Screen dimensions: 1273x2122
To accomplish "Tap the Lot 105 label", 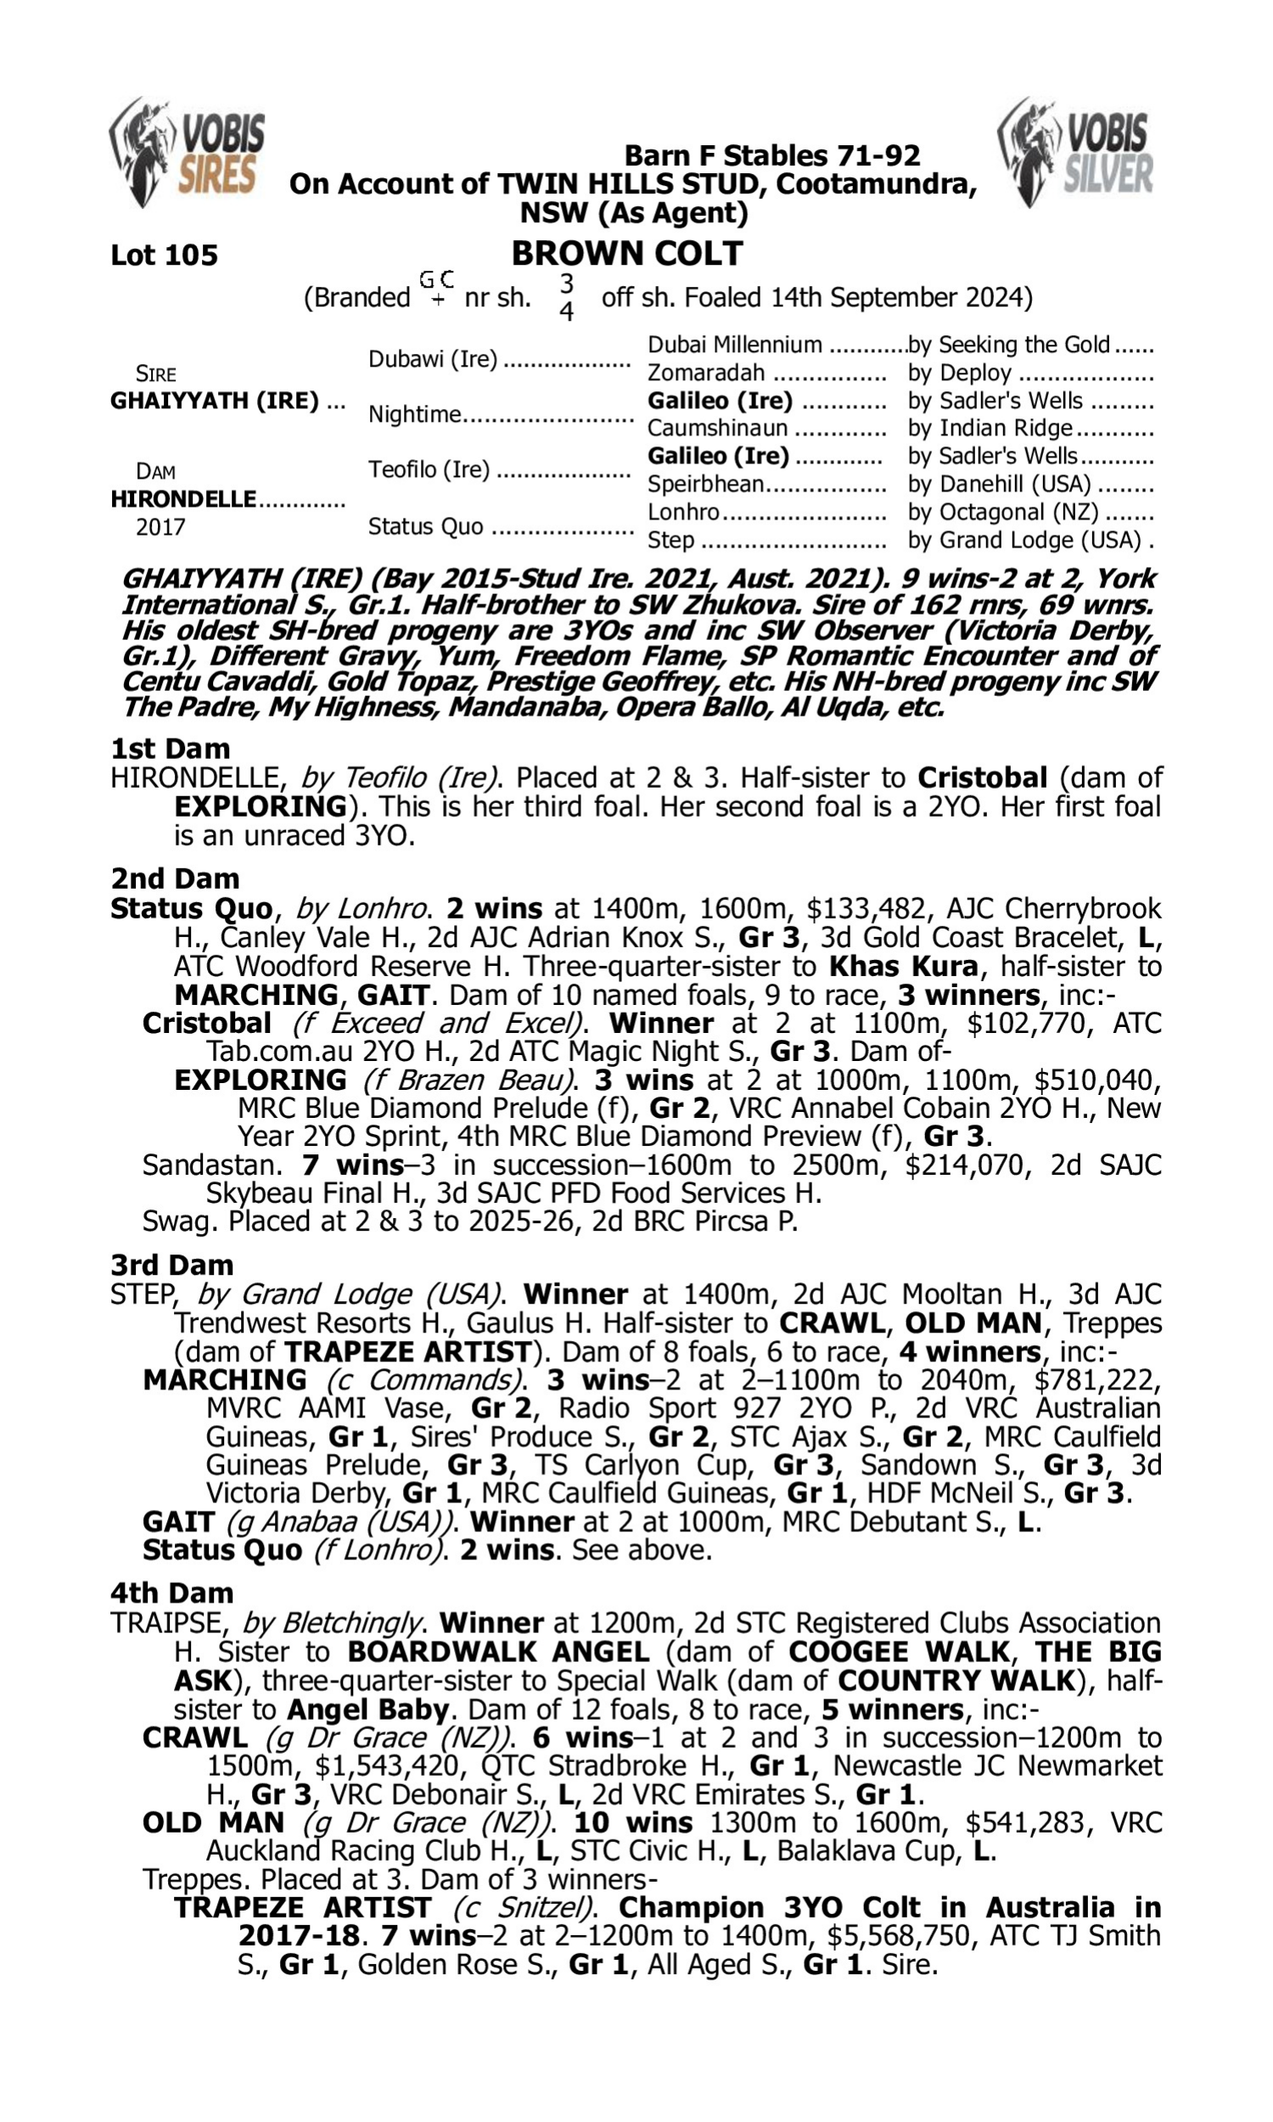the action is coord(164,255).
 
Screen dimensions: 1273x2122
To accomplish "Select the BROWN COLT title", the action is coord(627,254).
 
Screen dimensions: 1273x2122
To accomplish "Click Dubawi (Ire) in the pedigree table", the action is coord(432,358).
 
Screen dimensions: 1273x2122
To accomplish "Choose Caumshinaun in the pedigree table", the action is coord(717,428).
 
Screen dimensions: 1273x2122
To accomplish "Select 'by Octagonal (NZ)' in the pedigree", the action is coord(1003,512).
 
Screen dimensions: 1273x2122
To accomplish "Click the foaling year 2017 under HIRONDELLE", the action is coord(160,526).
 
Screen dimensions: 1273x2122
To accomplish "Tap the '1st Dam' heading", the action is coord(170,748).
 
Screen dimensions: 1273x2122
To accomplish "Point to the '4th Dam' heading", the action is coord(171,1593).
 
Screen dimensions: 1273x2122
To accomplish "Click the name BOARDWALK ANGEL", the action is coord(497,1651).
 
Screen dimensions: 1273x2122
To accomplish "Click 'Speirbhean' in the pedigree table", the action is coord(705,484).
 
